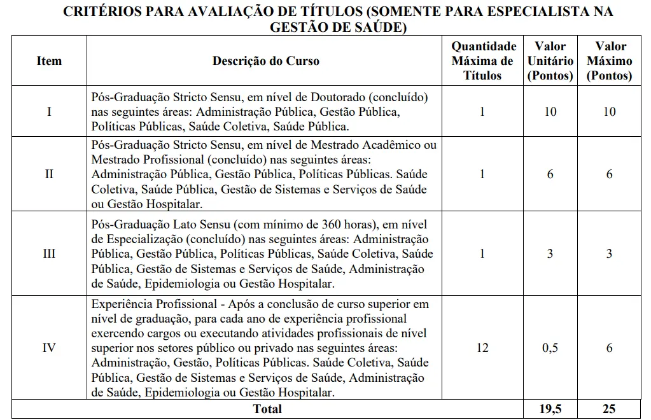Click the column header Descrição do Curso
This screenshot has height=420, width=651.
(x=266, y=61)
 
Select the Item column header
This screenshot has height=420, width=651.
(x=50, y=61)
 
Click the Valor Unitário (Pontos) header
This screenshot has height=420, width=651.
(x=550, y=61)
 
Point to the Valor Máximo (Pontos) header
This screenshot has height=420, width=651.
(x=610, y=61)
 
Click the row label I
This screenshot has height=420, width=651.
(x=50, y=111)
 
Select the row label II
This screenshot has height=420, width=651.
(x=50, y=174)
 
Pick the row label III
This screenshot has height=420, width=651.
(x=50, y=253)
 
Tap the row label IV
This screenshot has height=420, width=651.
(x=50, y=347)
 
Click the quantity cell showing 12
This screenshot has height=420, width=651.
(x=482, y=347)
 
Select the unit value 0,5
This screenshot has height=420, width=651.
(x=550, y=347)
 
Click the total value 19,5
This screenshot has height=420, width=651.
(x=550, y=409)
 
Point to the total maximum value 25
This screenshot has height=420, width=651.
(x=610, y=409)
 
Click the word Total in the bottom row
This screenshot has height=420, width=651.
(x=267, y=409)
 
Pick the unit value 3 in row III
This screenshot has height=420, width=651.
(x=550, y=253)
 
